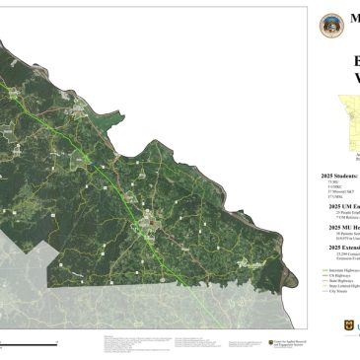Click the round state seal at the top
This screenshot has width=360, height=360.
click(x=328, y=25)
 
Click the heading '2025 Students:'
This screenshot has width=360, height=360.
click(x=340, y=176)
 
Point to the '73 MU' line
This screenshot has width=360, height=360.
click(x=332, y=182)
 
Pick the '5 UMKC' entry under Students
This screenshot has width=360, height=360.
click(x=333, y=187)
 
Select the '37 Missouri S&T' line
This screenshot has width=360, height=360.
click(x=338, y=192)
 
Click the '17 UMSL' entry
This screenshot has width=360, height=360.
click(x=334, y=197)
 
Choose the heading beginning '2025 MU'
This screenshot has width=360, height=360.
click(x=344, y=226)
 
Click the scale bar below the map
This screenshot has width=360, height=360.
click(x=25, y=342)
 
